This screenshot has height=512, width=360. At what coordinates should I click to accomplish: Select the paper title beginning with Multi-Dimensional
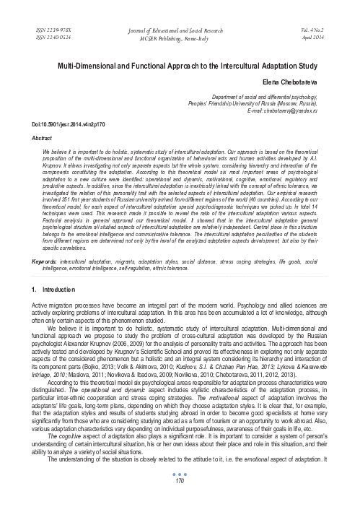pyautogui.click(x=180, y=65)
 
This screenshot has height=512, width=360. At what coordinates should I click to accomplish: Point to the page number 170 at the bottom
pyautogui.click(x=180, y=503)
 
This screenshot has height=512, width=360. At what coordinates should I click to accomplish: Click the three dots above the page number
pyautogui.click(x=180, y=495)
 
